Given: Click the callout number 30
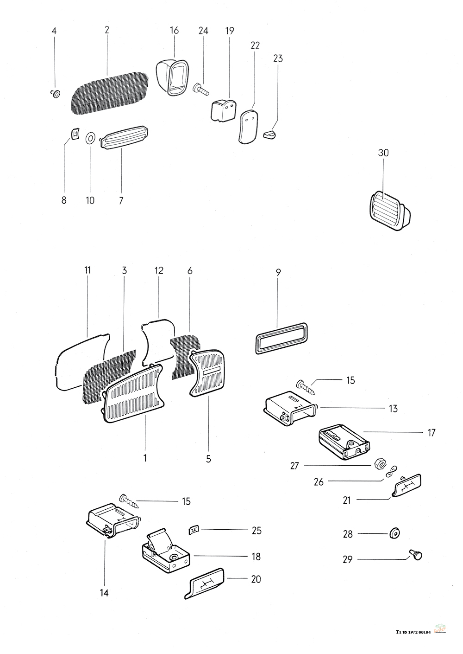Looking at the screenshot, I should pos(383,153).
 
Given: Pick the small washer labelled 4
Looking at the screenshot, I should pos(55,94).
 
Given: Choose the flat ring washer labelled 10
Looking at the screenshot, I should pos(90,137).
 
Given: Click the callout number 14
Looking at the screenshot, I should pos(105,593).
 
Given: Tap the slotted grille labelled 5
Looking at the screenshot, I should pos(208,374).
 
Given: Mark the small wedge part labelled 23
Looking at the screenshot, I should pos(269,135).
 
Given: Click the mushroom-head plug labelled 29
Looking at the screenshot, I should pos(416,554).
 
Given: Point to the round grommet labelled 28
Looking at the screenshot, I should pos(395,533).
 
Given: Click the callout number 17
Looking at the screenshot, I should pos(432,433).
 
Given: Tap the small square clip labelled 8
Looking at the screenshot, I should pos(74,134).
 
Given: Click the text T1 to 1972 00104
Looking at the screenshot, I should pos(413,632).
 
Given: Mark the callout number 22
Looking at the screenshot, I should pos(255,45).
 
